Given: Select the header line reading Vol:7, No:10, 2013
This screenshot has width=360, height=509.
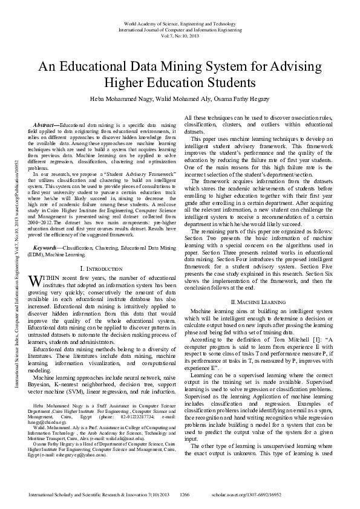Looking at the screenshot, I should click(x=180, y=36).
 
